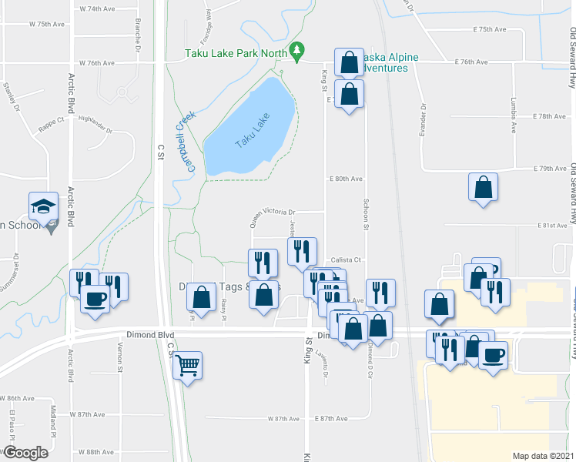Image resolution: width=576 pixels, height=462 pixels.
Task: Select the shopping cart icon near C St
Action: (188, 366)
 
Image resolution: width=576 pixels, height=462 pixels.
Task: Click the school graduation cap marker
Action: (43, 206)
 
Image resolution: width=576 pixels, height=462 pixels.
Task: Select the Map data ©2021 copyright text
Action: (543, 456)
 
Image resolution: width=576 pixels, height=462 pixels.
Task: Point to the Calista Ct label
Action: (346, 259)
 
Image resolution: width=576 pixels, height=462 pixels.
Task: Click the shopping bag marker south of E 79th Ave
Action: (483, 187)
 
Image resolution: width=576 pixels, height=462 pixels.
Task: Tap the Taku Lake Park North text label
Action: (236, 53)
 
